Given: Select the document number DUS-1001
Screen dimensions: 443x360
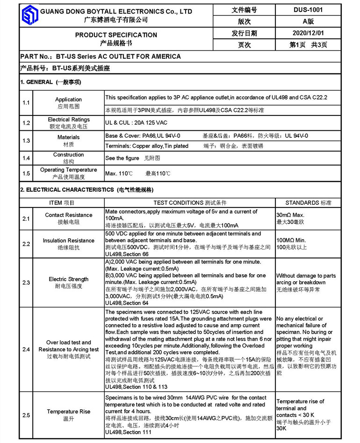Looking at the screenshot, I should click(x=308, y=9).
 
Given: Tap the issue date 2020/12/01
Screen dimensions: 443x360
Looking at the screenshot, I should click(x=308, y=33).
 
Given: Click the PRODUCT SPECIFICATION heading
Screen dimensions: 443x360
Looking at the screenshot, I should click(x=116, y=35).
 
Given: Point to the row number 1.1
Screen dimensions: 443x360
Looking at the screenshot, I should click(x=26, y=103).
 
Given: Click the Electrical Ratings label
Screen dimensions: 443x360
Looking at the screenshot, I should click(x=68, y=120).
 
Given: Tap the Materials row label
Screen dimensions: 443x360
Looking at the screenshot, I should click(x=68, y=137).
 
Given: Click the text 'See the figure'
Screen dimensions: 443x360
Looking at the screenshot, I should click(x=122, y=158).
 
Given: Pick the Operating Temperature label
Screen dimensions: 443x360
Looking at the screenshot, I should click(x=68, y=170).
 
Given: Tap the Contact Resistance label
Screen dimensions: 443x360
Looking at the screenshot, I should click(x=68, y=215).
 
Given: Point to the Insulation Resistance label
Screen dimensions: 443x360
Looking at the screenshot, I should click(x=68, y=241).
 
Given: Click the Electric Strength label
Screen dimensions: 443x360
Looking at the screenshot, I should click(x=68, y=279).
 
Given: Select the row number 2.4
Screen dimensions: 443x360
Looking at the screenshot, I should click(x=26, y=350).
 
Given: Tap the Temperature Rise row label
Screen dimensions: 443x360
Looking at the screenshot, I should click(x=68, y=412).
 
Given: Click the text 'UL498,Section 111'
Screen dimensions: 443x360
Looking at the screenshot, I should click(x=129, y=433).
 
